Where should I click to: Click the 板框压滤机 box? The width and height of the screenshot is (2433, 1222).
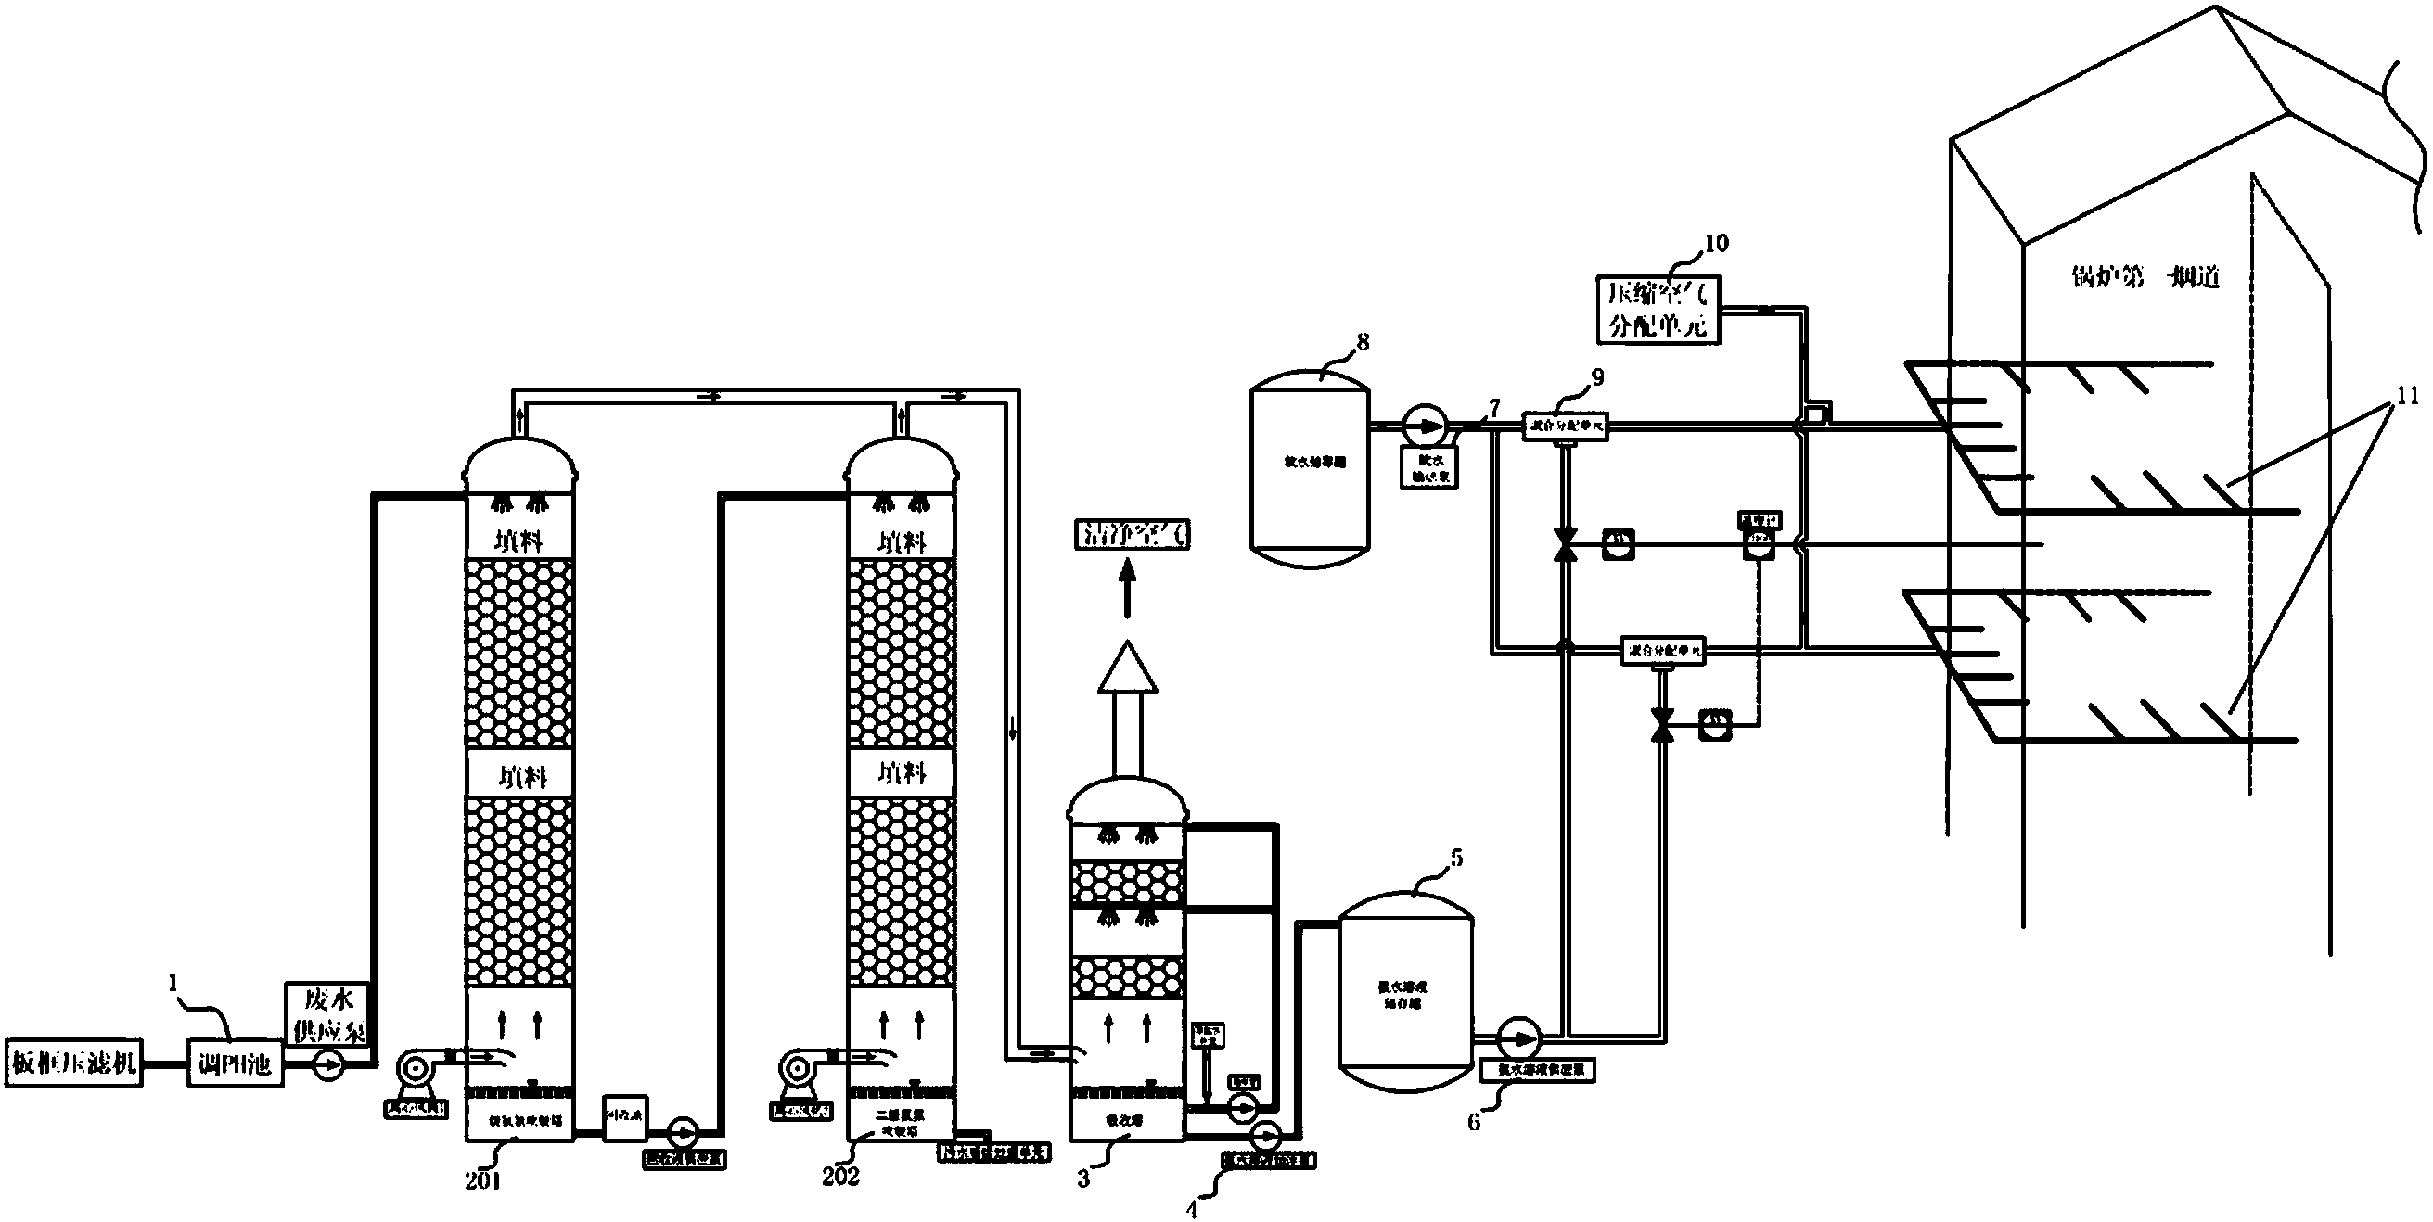pyautogui.click(x=73, y=1063)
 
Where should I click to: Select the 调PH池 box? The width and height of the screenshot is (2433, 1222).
pyautogui.click(x=236, y=1064)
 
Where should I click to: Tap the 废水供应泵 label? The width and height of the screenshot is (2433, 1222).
pyautogui.click(x=327, y=1014)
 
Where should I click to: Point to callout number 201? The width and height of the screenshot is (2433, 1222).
pyautogui.click(x=481, y=1179)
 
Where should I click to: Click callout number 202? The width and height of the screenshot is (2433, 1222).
pyautogui.click(x=840, y=1175)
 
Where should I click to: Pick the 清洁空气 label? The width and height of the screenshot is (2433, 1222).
pyautogui.click(x=1133, y=533)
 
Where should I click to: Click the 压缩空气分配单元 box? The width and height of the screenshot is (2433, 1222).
pyautogui.click(x=1658, y=309)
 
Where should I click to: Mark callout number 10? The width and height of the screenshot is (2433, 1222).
pyautogui.click(x=1715, y=243)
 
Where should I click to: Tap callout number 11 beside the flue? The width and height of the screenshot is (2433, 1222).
pyautogui.click(x=2408, y=396)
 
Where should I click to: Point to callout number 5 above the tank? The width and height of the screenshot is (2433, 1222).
pyautogui.click(x=1456, y=858)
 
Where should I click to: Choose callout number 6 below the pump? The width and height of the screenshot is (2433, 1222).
pyautogui.click(x=1473, y=1123)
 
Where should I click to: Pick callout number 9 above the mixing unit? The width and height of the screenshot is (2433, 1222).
pyautogui.click(x=1597, y=376)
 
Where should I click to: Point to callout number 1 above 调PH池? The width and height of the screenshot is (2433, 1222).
pyautogui.click(x=173, y=984)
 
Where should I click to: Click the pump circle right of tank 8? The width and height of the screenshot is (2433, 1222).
pyautogui.click(x=1422, y=425)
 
